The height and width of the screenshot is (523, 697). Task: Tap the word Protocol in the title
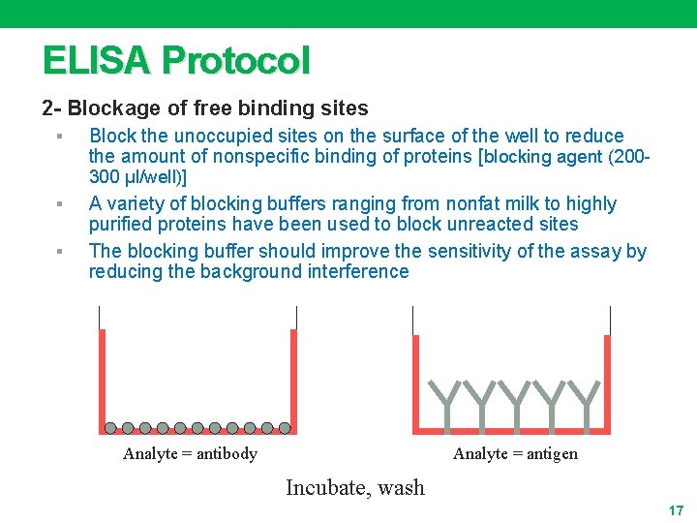(x=236, y=61)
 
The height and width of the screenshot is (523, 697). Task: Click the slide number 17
(x=676, y=510)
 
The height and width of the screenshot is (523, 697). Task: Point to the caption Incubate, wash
(x=355, y=488)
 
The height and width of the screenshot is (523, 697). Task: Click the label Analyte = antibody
(x=190, y=454)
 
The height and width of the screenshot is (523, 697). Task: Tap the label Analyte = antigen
(x=515, y=454)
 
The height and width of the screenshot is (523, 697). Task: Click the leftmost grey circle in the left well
(x=110, y=427)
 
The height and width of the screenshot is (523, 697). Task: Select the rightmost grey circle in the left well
(x=285, y=427)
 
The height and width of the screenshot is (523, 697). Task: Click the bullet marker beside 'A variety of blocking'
(x=60, y=204)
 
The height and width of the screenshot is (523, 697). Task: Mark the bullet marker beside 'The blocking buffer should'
(x=60, y=252)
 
